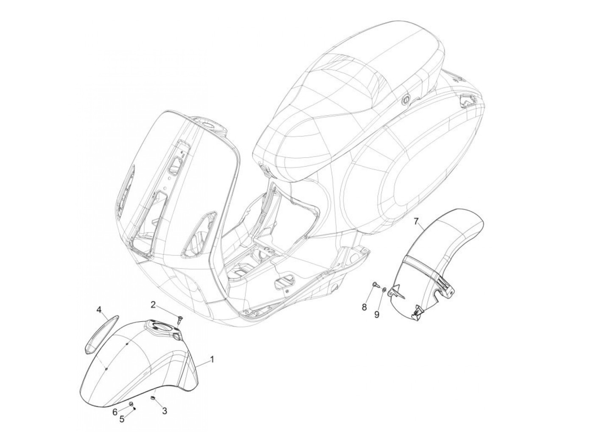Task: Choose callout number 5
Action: coord(122,419)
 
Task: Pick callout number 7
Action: coord(416,221)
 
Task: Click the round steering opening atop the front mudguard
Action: coord(162,326)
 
